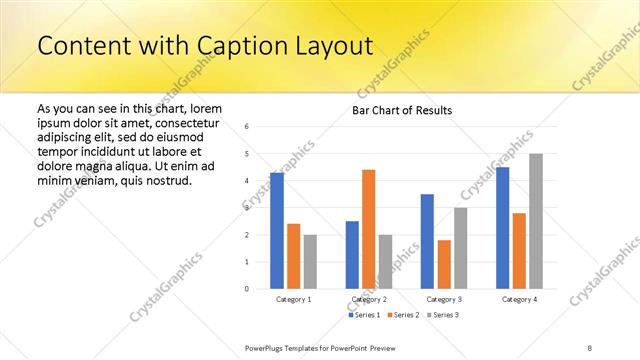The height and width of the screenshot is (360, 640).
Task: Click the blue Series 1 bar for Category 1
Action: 277,231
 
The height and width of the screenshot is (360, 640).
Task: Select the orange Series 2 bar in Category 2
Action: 368,229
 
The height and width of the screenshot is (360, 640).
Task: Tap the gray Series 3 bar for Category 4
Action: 536,221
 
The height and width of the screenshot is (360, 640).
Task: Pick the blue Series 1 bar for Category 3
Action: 427,241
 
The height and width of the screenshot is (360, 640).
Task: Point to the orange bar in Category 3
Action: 444,264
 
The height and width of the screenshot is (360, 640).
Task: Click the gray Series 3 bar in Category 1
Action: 310,261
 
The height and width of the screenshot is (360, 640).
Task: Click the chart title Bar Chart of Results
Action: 402,110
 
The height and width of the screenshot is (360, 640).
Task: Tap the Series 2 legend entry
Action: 402,315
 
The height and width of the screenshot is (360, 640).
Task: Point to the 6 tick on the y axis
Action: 246,127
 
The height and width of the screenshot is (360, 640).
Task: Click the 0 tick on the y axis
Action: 246,289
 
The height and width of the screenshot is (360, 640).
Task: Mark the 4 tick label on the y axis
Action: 246,181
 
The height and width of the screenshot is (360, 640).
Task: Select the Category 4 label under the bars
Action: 519,299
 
